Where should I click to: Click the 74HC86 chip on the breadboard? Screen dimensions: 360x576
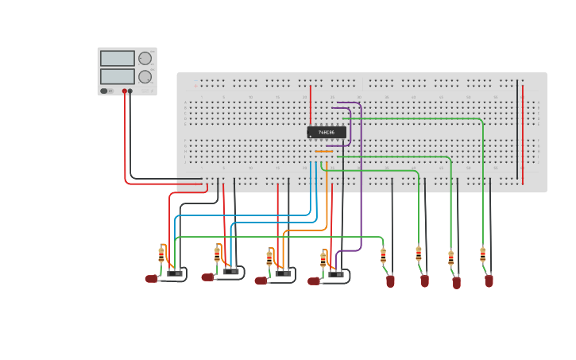tap(327, 132)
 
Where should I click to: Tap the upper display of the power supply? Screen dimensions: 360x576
tap(117, 59)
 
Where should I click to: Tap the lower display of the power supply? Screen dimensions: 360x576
tap(117, 76)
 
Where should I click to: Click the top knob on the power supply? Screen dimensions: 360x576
tap(145, 58)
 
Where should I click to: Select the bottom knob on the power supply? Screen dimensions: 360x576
tap(145, 77)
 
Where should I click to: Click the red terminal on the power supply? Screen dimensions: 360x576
tap(124, 91)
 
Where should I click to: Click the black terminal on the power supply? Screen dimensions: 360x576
tap(131, 91)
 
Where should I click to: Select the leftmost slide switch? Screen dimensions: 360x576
tap(175, 273)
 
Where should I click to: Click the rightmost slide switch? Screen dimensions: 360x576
tap(336, 274)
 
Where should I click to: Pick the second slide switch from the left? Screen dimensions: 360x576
tap(231, 271)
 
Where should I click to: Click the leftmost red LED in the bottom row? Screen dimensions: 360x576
tap(151, 279)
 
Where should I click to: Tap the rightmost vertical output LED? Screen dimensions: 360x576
tap(489, 281)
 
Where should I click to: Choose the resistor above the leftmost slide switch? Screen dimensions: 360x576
tap(161, 255)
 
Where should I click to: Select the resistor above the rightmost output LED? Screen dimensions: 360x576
tap(482, 255)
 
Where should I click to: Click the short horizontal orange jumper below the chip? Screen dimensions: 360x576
tap(324, 151)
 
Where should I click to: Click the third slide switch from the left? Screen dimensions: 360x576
tap(284, 273)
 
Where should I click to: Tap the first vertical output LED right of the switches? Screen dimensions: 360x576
tap(390, 281)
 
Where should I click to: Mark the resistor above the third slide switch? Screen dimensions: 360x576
tap(269, 258)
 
